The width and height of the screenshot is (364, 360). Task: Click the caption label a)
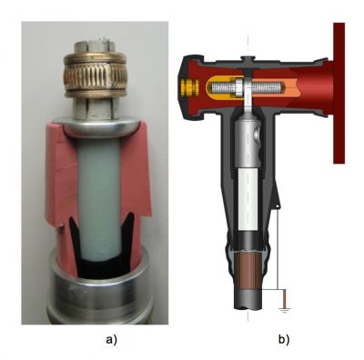click(111, 340)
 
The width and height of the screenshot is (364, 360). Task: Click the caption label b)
click(284, 340)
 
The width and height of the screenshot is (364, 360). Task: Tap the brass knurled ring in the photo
click(95, 75)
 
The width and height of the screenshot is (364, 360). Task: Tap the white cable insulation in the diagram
click(248, 199)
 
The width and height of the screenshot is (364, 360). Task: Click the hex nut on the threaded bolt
click(237, 86)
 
